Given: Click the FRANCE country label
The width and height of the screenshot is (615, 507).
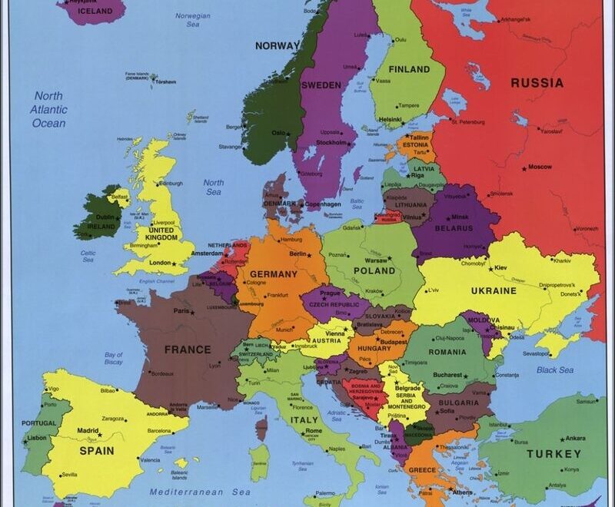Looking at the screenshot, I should click(x=188, y=350).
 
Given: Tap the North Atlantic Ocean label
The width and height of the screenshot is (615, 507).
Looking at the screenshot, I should click(x=48, y=109).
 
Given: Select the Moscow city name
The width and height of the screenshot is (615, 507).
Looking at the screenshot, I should click(x=540, y=167).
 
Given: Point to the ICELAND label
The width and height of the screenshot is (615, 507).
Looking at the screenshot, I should click(x=95, y=12).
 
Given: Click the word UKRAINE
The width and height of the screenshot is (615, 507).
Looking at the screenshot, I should click(x=494, y=291).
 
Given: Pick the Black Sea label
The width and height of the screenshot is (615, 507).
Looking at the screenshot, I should click(x=555, y=369).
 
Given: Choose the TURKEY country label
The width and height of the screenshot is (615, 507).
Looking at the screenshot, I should click(x=553, y=454).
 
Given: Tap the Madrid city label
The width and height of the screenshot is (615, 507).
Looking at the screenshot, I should click(x=88, y=431).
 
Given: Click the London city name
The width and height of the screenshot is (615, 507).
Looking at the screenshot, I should click(x=160, y=263).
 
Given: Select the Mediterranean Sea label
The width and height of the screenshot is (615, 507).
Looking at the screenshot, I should click(x=200, y=492).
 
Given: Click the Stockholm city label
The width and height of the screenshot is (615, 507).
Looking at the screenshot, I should click(x=331, y=142).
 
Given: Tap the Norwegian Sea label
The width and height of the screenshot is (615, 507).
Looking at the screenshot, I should click(x=192, y=20).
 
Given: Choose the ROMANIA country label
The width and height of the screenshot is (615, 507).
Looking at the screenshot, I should click(x=447, y=352).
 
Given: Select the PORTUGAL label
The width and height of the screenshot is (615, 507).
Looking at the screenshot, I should click(x=38, y=423).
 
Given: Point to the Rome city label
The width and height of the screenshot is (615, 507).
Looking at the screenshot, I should click(x=314, y=431).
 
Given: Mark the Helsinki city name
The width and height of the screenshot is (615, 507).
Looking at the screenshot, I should click(x=390, y=119).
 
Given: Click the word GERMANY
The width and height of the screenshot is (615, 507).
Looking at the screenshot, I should click(x=273, y=274).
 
